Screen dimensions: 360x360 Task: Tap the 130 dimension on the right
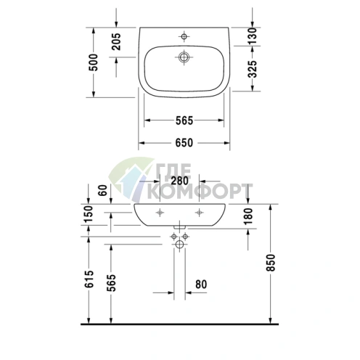coord(252,36)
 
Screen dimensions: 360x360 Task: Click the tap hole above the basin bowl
coord(184,34)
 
